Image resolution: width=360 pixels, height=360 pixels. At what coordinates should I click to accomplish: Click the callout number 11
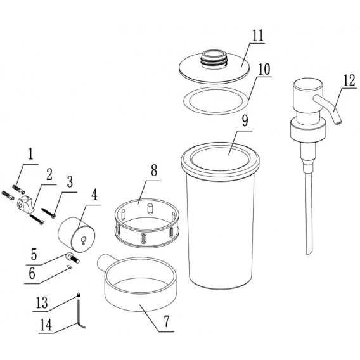point(258,35)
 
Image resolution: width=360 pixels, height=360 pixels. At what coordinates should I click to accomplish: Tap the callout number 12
point(349,80)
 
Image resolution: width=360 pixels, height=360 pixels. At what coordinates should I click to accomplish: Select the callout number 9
point(245,121)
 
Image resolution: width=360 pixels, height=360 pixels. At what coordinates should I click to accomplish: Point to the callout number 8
point(154,170)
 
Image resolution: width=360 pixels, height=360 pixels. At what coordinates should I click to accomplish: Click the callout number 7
point(167,321)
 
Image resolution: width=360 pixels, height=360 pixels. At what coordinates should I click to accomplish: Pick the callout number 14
point(46,325)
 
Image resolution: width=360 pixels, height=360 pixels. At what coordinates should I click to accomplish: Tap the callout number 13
point(42,302)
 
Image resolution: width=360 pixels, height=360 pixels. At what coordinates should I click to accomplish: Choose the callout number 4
point(94,195)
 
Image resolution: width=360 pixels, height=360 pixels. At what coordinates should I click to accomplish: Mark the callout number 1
point(30,154)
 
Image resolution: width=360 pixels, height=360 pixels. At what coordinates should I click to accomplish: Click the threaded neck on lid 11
point(214,60)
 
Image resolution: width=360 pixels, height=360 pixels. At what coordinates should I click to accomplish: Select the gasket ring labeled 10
point(216,101)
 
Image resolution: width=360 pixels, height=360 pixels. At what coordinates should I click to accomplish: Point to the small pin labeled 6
point(70,267)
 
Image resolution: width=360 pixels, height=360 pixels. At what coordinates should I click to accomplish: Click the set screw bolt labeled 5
point(72,258)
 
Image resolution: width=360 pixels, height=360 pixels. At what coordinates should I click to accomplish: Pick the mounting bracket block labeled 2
point(25,203)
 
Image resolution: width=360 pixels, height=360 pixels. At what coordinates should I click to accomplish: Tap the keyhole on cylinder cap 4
point(84,240)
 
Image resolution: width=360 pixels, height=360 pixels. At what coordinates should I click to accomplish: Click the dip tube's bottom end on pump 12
point(309,253)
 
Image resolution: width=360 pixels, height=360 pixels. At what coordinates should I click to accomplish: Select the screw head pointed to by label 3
point(53,216)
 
